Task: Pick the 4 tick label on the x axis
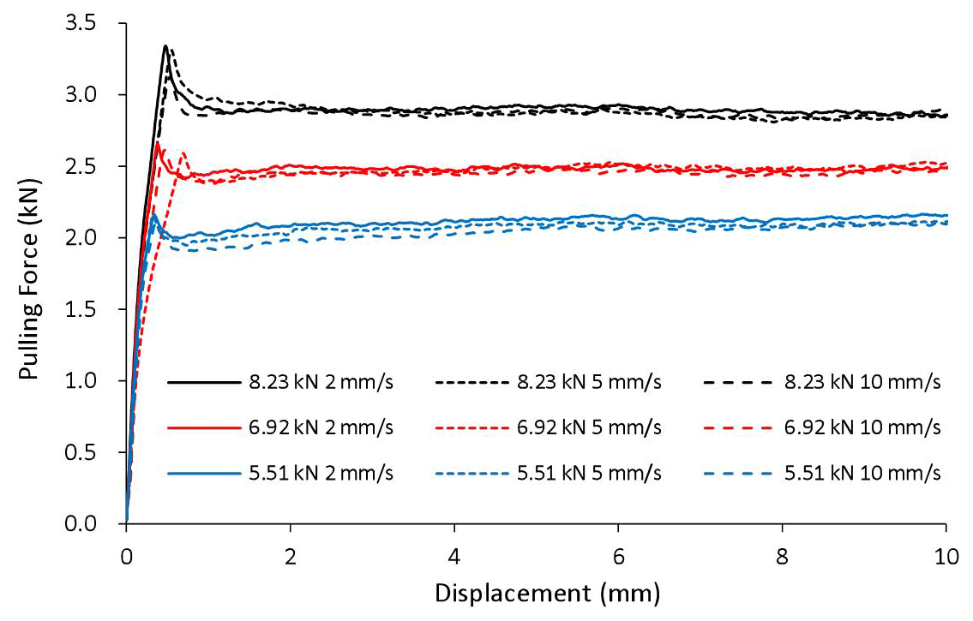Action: pyautogui.click(x=454, y=552)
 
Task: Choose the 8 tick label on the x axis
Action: pyautogui.click(x=782, y=552)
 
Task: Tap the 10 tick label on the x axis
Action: pyautogui.click(x=946, y=552)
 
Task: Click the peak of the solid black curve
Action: pyautogui.click(x=166, y=45)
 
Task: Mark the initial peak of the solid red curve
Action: pyautogui.click(x=158, y=142)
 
